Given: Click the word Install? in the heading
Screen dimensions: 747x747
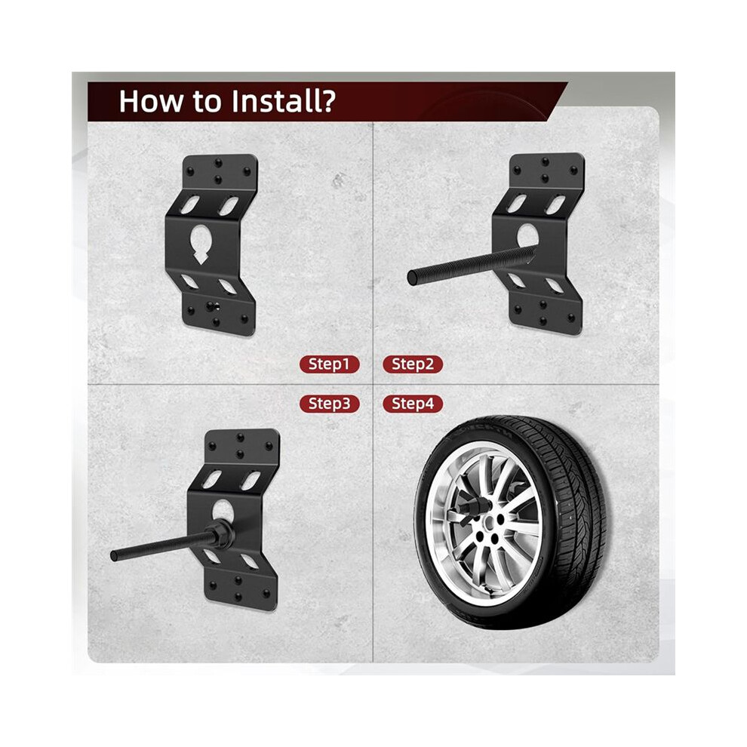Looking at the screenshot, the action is pos(282,101).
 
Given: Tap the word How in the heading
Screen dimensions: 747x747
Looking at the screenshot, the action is pos(151,101).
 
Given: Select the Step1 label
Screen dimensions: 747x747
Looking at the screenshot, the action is pos(329,364).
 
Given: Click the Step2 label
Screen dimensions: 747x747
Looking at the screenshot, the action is pos(413,364).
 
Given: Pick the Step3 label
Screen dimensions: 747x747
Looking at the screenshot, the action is pos(329,404).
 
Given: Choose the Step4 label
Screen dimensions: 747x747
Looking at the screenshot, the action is pos(413,404).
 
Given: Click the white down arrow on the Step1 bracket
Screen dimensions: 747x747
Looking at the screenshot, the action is pos(201,257).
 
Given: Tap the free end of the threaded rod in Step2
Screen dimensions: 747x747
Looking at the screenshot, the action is pos(412,278).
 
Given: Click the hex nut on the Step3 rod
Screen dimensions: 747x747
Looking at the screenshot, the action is pos(222,534).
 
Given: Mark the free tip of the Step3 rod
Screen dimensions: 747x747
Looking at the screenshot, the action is pos(115,555).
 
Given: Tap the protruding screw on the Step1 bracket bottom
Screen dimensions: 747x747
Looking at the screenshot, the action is pos(210,306).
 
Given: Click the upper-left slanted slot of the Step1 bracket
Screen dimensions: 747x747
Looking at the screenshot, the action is pos(189,204).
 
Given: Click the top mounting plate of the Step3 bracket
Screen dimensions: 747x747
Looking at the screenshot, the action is pos(241,447).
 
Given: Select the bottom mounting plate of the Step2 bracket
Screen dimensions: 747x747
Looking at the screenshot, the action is pos(545,312).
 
